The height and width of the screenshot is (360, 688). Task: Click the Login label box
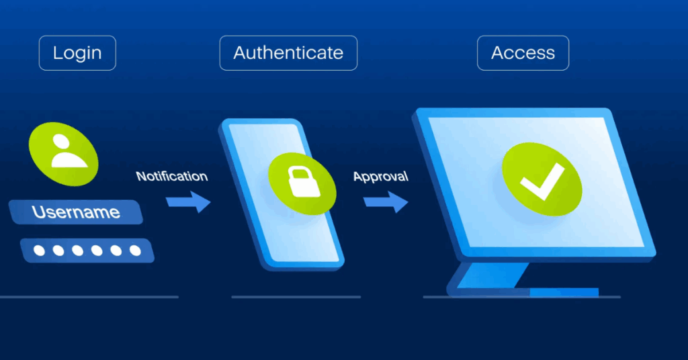77,53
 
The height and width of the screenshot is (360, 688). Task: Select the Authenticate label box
288,53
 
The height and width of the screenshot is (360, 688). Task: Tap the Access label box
523,53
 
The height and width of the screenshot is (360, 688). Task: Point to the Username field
76,213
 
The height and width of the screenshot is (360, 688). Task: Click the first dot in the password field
40,251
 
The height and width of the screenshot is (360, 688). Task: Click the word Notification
172,177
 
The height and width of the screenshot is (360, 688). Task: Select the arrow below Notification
188,201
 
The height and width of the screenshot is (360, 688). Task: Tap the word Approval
380,177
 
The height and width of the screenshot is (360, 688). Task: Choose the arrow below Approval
386,201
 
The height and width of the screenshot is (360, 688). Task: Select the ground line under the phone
296,297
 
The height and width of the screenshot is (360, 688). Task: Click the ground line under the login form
87,297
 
